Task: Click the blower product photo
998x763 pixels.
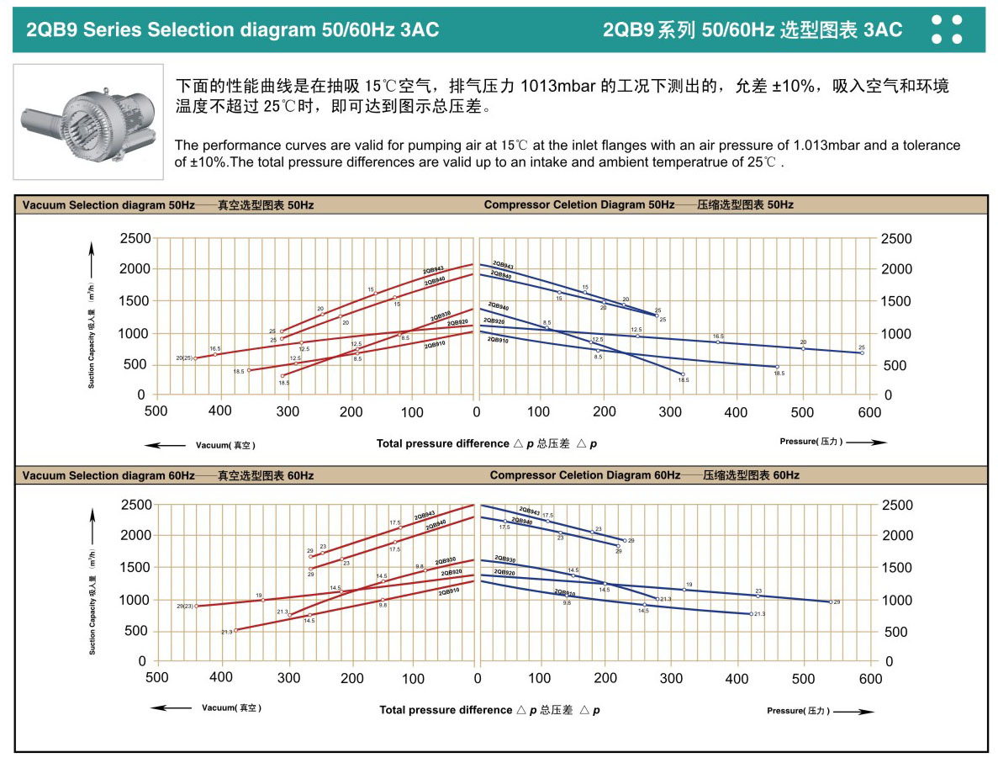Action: click(87, 121)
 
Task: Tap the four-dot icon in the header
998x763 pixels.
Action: click(948, 29)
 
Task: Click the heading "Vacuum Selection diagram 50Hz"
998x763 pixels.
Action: click(108, 205)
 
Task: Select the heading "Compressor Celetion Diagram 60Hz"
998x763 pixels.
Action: click(584, 475)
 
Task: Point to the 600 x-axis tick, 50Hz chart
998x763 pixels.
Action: click(869, 412)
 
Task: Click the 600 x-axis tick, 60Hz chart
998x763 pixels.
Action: click(869, 678)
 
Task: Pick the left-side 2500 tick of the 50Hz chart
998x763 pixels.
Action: click(135, 239)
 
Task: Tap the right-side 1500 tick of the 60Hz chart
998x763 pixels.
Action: click(896, 568)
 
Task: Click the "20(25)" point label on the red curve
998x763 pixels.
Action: click(184, 358)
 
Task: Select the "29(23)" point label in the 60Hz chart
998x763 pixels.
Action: click(185, 606)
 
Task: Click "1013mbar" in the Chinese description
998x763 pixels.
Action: click(559, 87)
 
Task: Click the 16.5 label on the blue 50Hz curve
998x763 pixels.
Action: click(718, 336)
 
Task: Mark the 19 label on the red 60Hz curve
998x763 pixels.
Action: click(259, 595)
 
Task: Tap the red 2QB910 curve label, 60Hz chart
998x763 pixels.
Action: click(448, 592)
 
